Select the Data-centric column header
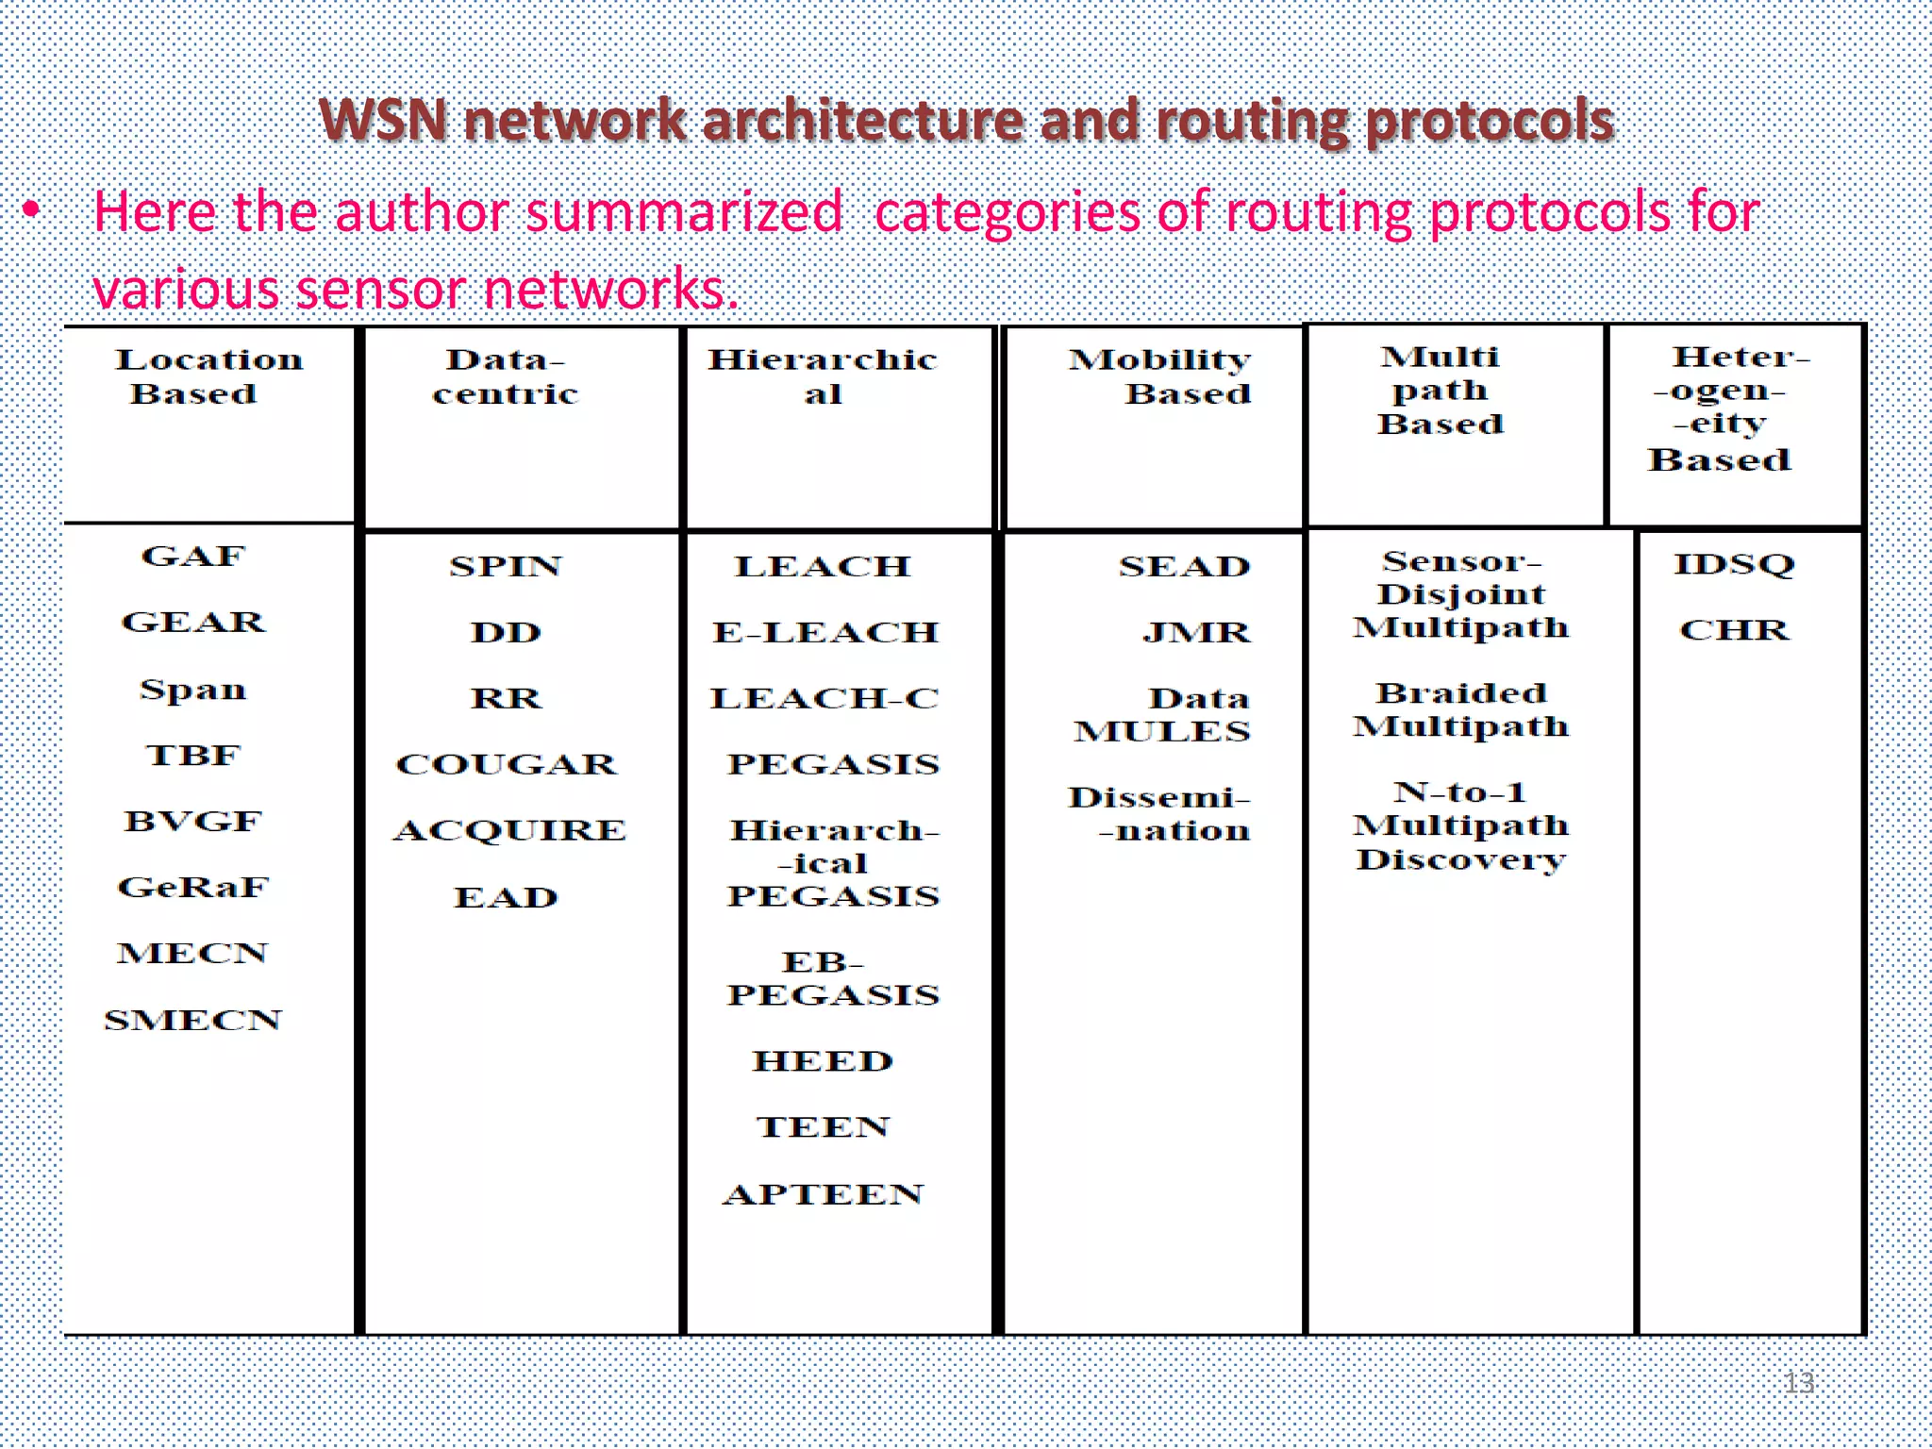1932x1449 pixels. [x=506, y=375]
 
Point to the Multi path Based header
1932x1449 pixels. [x=1440, y=390]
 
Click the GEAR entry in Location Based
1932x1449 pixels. [x=193, y=622]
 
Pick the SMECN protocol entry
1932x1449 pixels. [x=193, y=1020]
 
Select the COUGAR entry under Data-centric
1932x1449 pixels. [x=507, y=763]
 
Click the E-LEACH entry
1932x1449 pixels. [x=825, y=631]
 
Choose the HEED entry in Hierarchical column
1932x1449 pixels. [x=823, y=1060]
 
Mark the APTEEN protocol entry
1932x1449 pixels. [x=823, y=1194]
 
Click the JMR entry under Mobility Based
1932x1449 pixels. [x=1196, y=631]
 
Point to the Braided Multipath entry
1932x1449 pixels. [x=1460, y=709]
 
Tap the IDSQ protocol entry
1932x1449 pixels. [x=1734, y=564]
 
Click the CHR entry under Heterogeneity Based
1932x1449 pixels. [x=1734, y=629]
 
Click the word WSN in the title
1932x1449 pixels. [x=382, y=121]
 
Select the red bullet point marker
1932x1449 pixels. [x=32, y=209]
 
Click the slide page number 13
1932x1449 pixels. [x=1799, y=1383]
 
